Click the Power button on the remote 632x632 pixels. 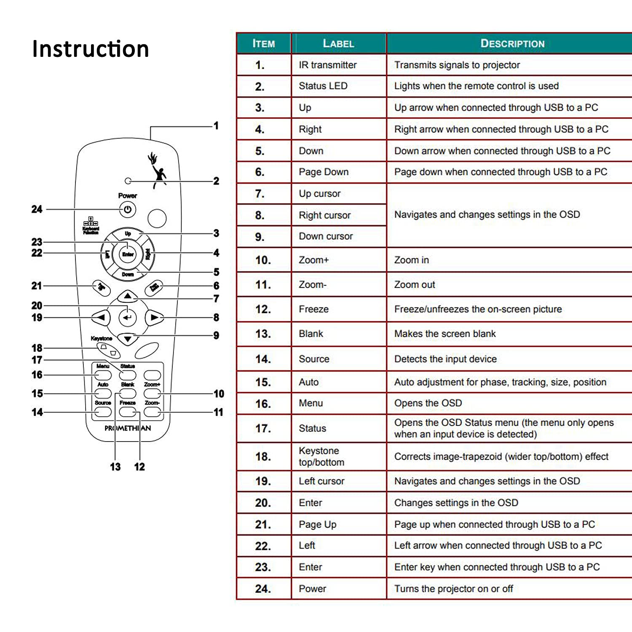tap(128, 209)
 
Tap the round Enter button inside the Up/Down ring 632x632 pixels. tap(128, 254)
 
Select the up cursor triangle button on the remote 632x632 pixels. tap(128, 297)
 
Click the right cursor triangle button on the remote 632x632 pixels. tap(154, 317)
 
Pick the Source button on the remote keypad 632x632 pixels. tap(103, 412)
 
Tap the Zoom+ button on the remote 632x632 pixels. tap(152, 393)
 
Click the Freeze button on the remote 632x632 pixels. tap(128, 412)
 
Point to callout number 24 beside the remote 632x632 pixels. tap(37, 209)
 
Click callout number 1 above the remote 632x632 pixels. tap(216, 126)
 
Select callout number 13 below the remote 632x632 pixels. tap(115, 467)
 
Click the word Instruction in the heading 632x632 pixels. tap(91, 49)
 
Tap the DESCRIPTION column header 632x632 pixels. tap(512, 43)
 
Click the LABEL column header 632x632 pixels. tap(338, 43)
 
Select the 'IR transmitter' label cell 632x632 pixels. tap(327, 65)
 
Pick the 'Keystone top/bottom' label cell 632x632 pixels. tap(321, 456)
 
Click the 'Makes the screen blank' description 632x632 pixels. tap(445, 334)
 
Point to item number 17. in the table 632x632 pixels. tap(263, 428)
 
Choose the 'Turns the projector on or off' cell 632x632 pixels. tap(453, 589)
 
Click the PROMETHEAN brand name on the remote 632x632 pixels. tap(128, 428)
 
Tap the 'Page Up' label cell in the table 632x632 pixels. tap(317, 525)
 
